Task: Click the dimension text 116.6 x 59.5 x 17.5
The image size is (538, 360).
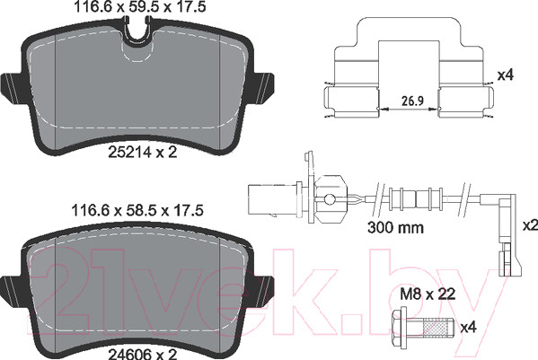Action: point(140,7)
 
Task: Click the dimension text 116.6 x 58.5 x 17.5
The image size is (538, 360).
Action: point(137,210)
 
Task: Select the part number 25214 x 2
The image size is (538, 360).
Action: point(143,152)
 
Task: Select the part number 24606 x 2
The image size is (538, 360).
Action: point(143,354)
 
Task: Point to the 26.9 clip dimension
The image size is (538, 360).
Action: point(413,101)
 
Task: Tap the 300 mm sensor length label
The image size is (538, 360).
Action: point(395,227)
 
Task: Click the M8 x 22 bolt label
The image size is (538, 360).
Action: point(428,294)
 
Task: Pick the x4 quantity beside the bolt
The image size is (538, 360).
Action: point(469,328)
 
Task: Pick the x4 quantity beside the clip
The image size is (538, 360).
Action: point(506,75)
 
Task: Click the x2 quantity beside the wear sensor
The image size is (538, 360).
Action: point(530,225)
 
